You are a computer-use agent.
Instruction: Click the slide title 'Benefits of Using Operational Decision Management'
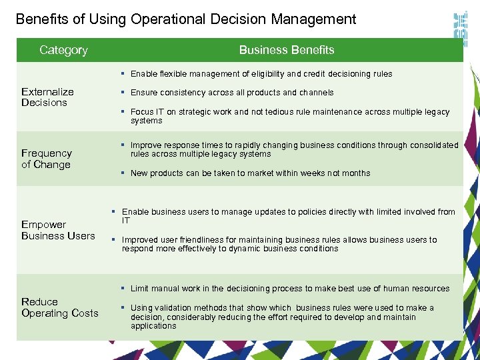point(186,19)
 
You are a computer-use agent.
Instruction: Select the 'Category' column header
point(63,50)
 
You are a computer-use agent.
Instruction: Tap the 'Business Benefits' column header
point(287,50)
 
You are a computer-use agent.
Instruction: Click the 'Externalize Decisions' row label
point(47,97)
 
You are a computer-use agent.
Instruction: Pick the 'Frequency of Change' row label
point(46,159)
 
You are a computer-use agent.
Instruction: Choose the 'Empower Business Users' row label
point(58,230)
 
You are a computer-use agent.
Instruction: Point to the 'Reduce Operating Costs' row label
point(59,307)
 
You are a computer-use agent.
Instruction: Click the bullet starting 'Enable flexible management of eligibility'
point(261,74)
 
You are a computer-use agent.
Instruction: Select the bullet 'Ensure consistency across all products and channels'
point(232,93)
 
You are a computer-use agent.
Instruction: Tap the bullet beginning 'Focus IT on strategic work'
point(290,116)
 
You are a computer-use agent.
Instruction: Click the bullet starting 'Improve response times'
point(294,149)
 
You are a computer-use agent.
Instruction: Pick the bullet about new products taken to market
point(250,173)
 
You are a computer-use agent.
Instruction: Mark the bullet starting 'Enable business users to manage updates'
point(288,216)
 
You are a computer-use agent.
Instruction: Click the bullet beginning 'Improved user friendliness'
point(279,244)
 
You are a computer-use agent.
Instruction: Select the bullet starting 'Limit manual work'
point(290,289)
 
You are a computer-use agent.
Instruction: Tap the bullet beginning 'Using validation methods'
point(282,317)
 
